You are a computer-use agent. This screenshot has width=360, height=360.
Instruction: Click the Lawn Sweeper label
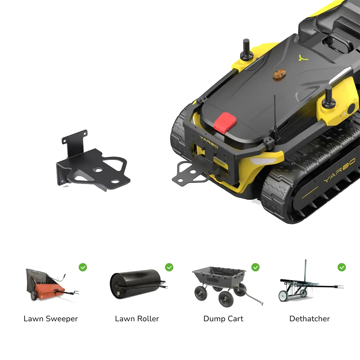[51, 319]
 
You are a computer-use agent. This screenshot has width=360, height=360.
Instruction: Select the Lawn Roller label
[137, 319]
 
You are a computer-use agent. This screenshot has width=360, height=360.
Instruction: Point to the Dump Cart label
[224, 319]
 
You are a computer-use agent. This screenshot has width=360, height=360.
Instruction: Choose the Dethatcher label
[310, 319]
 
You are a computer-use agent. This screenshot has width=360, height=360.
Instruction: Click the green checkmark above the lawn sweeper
[83, 267]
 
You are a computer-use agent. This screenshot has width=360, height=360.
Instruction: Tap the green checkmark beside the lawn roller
[169, 267]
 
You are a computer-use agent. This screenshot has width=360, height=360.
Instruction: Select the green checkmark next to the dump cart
[256, 267]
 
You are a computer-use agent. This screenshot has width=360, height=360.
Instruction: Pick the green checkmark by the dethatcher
[342, 267]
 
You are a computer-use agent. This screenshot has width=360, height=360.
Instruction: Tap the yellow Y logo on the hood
[303, 58]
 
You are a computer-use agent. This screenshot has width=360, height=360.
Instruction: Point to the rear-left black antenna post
[246, 49]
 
